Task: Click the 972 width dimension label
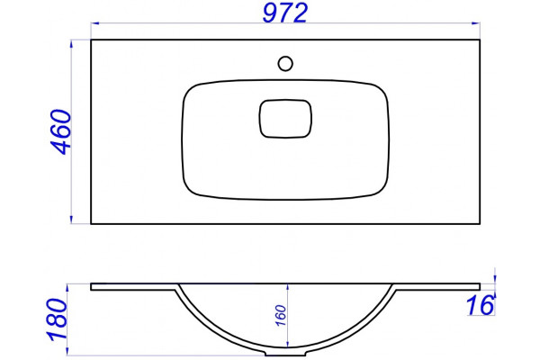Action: click(x=284, y=13)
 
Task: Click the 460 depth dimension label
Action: click(x=61, y=132)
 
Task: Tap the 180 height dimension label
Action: click(x=58, y=320)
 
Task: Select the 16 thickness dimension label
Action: click(x=481, y=305)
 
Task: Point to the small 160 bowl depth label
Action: click(x=282, y=315)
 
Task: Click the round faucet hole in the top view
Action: click(x=285, y=64)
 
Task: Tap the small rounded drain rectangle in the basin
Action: click(x=285, y=119)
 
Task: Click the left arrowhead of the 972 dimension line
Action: click(x=95, y=23)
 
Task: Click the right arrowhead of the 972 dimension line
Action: click(x=475, y=23)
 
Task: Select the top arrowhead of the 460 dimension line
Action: click(x=72, y=44)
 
